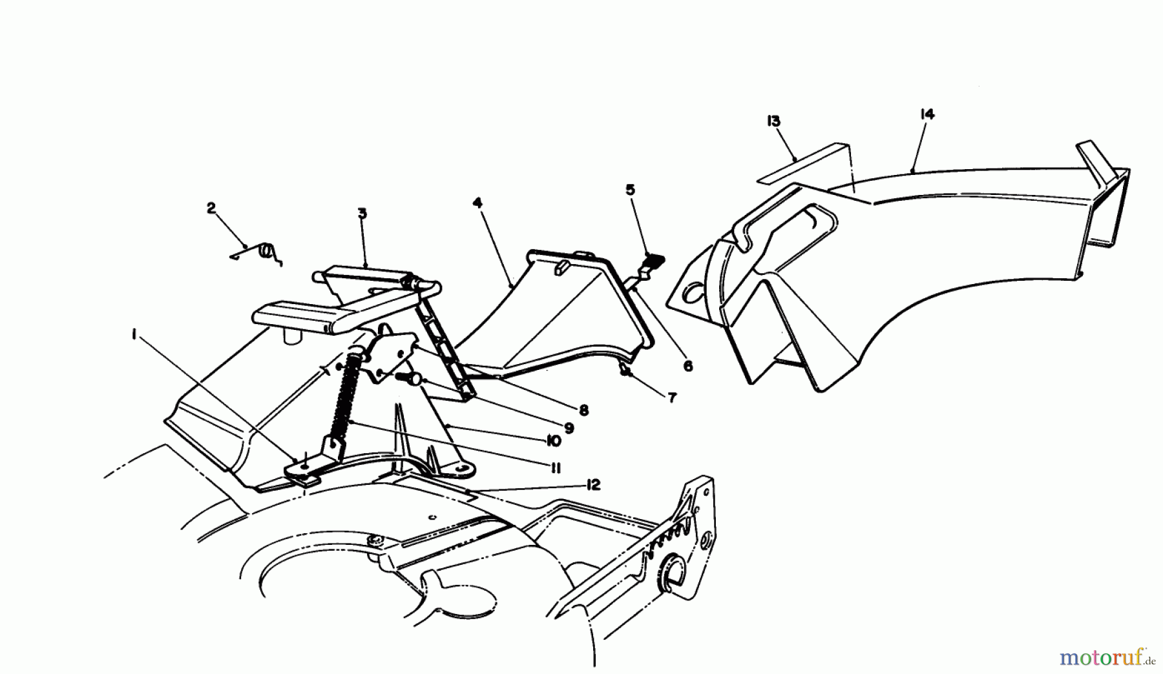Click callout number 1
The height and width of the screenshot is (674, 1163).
134,334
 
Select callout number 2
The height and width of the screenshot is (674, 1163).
211,208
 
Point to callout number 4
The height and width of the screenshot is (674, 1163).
477,203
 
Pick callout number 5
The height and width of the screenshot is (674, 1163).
630,190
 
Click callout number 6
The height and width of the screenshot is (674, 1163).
687,366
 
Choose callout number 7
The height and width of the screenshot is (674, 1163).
672,398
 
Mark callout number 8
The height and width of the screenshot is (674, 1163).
583,409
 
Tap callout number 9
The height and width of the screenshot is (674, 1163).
569,427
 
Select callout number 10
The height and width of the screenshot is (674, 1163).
552,442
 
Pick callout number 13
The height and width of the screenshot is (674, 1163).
773,121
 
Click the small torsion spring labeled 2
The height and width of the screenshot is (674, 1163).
265,252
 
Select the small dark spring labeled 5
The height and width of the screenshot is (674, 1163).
654,261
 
